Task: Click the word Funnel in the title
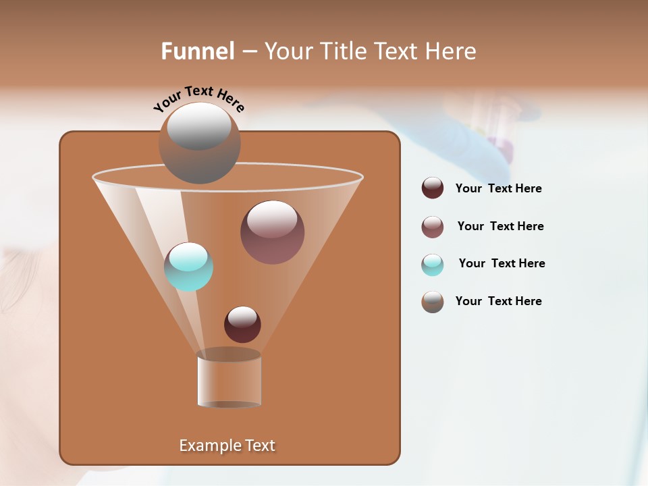pos(198,51)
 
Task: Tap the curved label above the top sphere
pos(198,99)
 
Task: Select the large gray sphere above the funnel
pos(200,143)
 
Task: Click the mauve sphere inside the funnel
pos(272,232)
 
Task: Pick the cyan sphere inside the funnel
pos(188,267)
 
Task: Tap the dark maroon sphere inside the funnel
pos(242,325)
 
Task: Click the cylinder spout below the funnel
pos(230,379)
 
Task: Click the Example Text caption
pos(227,446)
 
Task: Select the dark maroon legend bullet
pos(433,188)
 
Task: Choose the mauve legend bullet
pos(433,226)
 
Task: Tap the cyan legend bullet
pos(433,264)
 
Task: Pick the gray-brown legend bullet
pos(433,302)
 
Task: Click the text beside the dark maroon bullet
pos(498,188)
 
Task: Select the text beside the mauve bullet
pos(500,226)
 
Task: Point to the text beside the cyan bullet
pos(502,263)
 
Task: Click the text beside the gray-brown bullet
pos(498,301)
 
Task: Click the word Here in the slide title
pos(451,51)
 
